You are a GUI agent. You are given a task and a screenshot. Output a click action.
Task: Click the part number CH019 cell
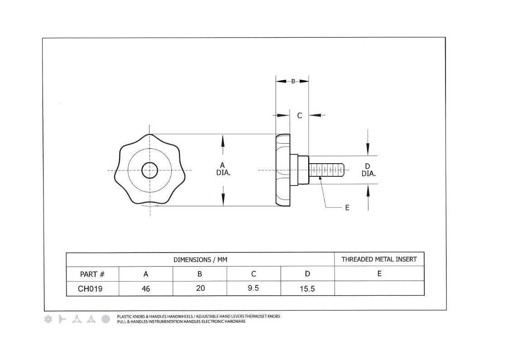(90, 288)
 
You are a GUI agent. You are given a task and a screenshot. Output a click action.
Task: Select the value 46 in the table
(146, 288)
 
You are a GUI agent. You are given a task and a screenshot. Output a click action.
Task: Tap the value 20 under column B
(200, 288)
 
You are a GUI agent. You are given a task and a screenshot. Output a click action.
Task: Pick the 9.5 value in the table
(253, 288)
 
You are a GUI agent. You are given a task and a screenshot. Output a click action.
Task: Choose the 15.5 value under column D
(307, 288)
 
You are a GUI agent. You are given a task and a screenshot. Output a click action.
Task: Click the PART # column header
(92, 274)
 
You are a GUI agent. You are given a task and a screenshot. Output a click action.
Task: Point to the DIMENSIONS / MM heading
(200, 260)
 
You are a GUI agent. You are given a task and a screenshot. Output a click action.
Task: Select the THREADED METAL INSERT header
(379, 259)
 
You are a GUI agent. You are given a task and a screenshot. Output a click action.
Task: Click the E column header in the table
(379, 274)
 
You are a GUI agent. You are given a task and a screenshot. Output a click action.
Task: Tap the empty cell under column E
(379, 288)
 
